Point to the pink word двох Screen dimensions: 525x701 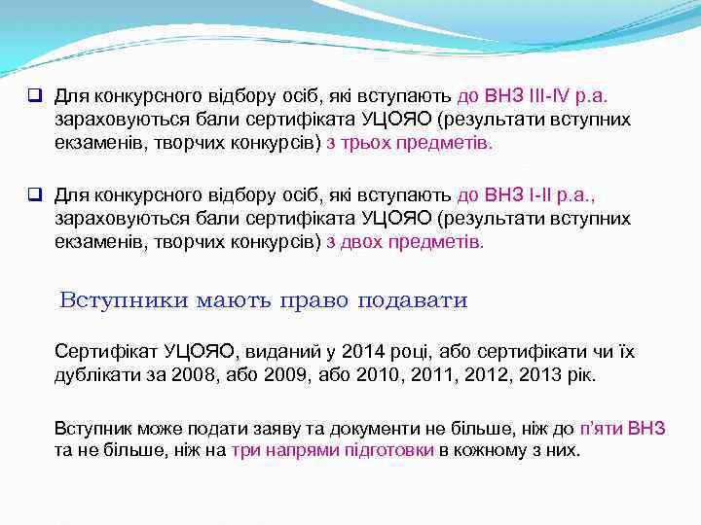point(364,241)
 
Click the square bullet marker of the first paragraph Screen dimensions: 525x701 point(33,96)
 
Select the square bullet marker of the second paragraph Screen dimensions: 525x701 point(33,195)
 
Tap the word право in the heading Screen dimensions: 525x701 point(315,300)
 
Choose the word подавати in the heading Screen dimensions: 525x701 point(414,300)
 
